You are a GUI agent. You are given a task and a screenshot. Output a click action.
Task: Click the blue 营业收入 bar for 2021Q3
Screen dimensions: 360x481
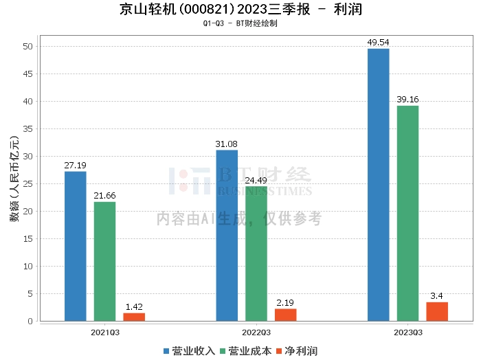tap(76, 246)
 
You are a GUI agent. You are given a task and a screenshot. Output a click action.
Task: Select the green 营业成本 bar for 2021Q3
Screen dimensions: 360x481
tap(105, 261)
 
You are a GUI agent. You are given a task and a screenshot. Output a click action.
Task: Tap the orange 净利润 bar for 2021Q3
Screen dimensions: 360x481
tap(134, 317)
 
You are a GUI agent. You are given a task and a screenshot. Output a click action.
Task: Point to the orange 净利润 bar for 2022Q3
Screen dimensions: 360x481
tap(286, 315)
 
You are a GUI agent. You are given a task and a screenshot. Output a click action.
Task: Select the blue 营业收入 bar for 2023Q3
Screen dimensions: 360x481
tap(378, 184)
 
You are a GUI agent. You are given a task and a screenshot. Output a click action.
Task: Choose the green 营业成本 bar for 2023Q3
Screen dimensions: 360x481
tap(407, 213)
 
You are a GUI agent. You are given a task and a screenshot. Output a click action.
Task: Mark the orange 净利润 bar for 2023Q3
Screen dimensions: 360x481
tap(437, 311)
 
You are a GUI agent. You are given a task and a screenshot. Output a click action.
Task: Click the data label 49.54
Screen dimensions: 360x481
tap(378, 42)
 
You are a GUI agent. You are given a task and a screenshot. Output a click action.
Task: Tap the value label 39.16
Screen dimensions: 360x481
tap(407, 99)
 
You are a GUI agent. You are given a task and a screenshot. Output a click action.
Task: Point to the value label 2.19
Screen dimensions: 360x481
tap(286, 302)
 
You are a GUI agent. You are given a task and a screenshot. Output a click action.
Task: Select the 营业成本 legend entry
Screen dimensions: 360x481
tap(245, 351)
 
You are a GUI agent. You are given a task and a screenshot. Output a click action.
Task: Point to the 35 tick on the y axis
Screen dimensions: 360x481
tap(27, 129)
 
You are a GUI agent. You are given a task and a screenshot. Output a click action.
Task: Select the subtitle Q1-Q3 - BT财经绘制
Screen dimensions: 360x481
tap(240, 23)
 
